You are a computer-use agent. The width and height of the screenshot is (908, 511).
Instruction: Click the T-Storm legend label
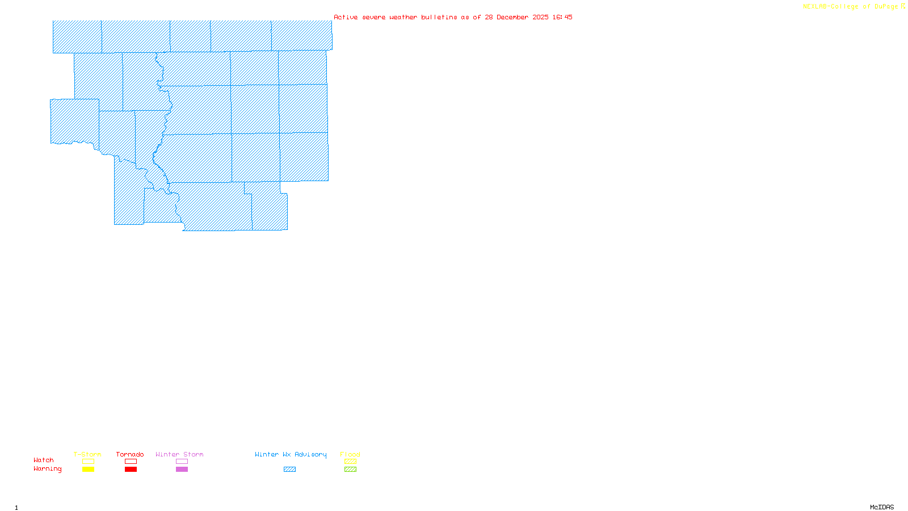87,454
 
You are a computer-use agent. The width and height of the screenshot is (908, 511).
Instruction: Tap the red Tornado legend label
130,454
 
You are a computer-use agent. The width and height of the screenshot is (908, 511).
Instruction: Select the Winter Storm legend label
179,454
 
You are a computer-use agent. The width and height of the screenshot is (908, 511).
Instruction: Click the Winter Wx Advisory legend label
291,454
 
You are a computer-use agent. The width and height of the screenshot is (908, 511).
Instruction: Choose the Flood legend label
350,454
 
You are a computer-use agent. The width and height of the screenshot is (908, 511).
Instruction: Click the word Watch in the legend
44,460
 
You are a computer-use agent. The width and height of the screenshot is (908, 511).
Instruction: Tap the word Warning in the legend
48,469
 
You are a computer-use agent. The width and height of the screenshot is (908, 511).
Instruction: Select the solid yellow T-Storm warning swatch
88,470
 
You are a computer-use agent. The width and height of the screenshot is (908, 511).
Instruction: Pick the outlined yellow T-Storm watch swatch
88,462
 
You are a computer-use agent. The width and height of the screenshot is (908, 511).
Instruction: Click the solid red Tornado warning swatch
131,470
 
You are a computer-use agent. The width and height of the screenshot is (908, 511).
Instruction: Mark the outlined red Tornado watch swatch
131,462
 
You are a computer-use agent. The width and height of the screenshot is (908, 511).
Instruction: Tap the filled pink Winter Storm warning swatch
182,470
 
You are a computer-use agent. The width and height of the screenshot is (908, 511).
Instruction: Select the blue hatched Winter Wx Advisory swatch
289,470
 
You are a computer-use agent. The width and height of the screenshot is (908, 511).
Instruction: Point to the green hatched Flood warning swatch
351,470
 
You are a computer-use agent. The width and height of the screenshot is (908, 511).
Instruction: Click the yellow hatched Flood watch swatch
351,462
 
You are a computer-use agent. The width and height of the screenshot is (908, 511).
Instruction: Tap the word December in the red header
512,17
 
